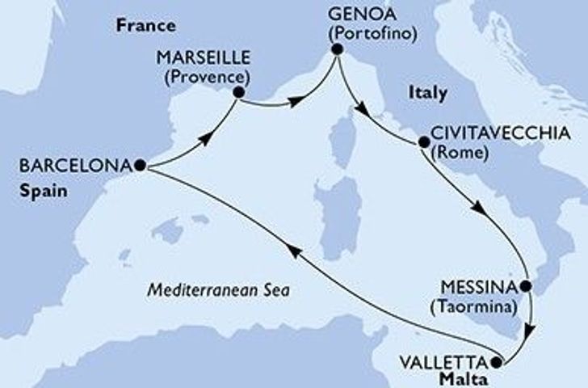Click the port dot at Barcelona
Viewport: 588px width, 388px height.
[x=141, y=165]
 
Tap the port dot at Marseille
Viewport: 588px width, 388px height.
[x=239, y=92]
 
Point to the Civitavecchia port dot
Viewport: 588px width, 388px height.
[x=423, y=144]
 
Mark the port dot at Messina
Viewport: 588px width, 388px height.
[x=526, y=286]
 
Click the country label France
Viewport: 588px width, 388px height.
[x=135, y=25]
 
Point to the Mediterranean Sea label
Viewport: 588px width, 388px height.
[x=219, y=289]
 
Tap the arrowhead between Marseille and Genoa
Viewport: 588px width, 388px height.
[x=296, y=101]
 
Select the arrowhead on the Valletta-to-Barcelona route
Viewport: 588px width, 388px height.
[x=295, y=252]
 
